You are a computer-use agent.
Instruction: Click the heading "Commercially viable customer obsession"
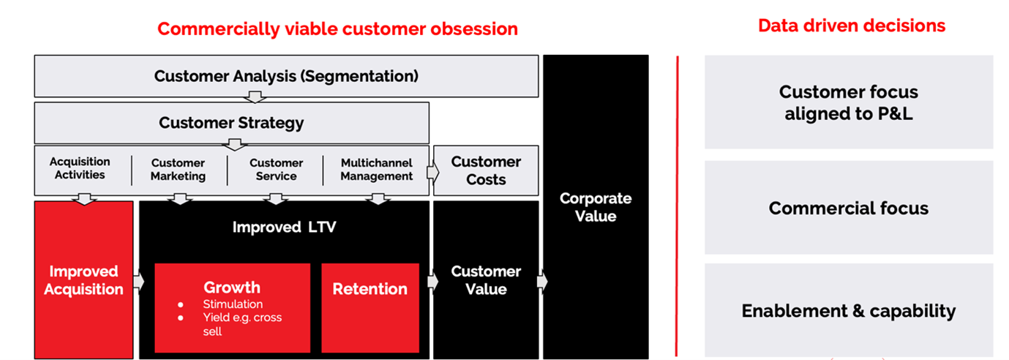point(337,29)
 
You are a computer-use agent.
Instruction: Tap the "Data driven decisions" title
point(851,26)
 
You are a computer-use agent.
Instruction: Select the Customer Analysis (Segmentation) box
point(286,76)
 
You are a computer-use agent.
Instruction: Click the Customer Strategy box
point(231,122)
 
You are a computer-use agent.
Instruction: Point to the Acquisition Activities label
point(80,168)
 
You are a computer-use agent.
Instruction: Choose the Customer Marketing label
point(178,170)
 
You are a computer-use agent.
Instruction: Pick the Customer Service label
point(276,170)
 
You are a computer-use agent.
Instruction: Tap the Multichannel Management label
point(376,170)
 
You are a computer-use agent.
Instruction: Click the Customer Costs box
point(486,170)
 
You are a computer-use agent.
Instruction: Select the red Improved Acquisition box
point(83,280)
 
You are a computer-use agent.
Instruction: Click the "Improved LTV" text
point(284,228)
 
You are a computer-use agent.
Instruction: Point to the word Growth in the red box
point(231,288)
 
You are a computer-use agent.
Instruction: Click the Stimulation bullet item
point(233,304)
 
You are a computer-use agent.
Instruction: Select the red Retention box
point(370,289)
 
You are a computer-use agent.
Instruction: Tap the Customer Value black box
point(486,280)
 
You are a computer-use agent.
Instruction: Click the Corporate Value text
point(595,207)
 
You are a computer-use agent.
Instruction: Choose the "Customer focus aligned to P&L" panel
point(848,102)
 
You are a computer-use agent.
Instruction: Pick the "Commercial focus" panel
point(848,208)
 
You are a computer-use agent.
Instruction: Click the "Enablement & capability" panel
point(848,310)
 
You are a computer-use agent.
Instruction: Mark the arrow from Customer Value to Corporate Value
point(541,282)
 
